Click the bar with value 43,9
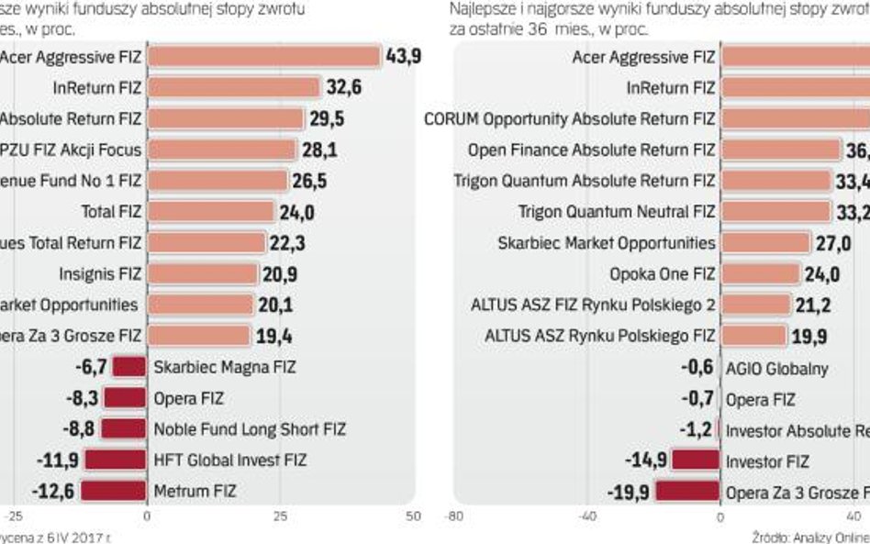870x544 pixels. click(263, 56)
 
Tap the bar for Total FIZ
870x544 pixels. click(211, 212)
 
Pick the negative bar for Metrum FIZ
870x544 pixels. click(113, 491)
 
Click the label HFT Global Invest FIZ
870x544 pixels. click(229, 460)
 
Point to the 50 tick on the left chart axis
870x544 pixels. click(413, 516)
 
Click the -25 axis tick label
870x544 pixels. click(13, 516)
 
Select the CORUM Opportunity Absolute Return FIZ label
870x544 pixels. click(569, 119)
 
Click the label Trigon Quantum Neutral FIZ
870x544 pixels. click(616, 212)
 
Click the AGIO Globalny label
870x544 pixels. click(776, 369)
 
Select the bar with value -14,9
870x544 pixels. click(696, 461)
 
